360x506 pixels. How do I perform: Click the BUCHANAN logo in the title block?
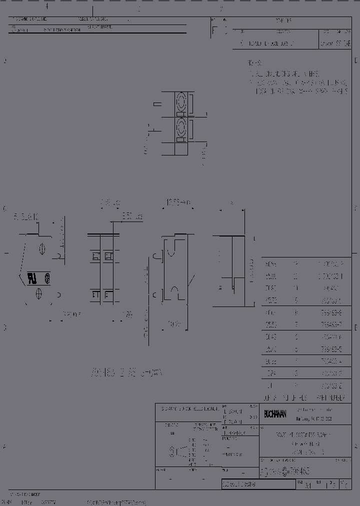[x=274, y=413]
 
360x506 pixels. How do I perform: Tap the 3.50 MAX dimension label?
[x=132, y=217]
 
